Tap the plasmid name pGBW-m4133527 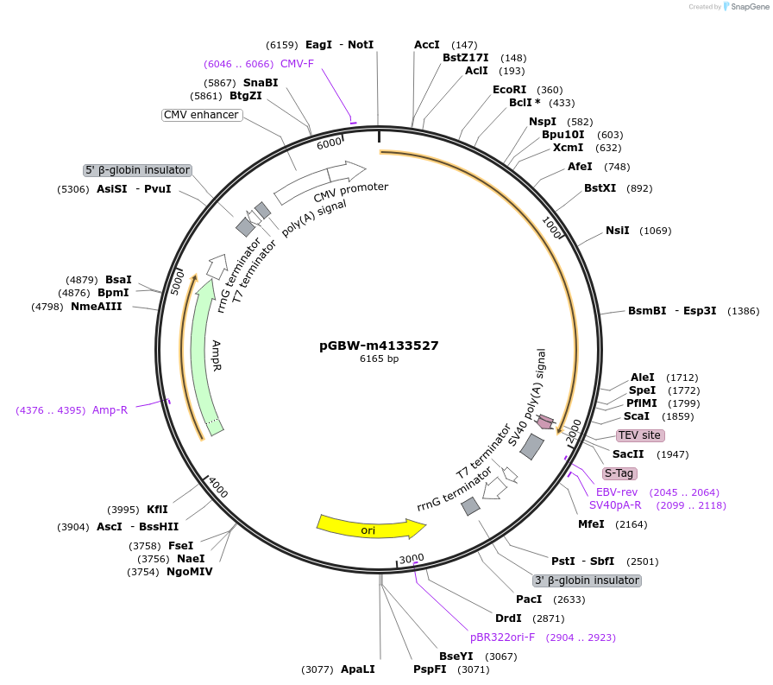click(x=379, y=346)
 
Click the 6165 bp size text click(x=379, y=358)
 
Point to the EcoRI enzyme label click(x=509, y=90)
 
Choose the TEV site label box click(x=639, y=435)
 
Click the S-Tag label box click(x=619, y=473)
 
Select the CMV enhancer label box click(x=201, y=115)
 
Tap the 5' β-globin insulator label click(x=137, y=170)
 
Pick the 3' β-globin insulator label click(x=587, y=580)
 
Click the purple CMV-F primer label click(x=297, y=64)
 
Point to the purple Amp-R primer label click(x=110, y=410)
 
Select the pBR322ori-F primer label click(x=502, y=637)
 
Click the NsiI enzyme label click(x=617, y=231)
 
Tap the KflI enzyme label click(x=157, y=510)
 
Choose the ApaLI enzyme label click(x=357, y=669)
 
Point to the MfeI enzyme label click(x=591, y=524)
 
